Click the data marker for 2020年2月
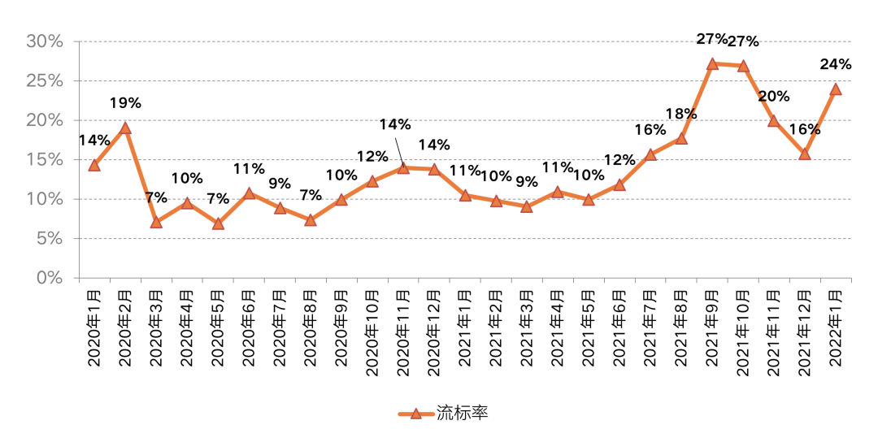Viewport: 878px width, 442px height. (125, 128)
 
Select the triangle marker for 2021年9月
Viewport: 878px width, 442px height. (712, 63)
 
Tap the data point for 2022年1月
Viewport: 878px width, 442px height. (836, 89)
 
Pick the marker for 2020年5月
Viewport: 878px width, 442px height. (218, 223)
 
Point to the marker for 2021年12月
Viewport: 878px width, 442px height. (805, 153)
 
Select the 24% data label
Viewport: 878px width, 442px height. (837, 64)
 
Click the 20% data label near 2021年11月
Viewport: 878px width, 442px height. (774, 97)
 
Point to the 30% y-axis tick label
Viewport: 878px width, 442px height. (45, 41)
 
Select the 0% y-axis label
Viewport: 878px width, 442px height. (49, 278)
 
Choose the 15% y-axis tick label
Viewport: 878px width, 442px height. (45, 159)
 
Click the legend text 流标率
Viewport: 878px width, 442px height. (462, 414)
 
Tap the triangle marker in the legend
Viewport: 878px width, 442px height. (415, 414)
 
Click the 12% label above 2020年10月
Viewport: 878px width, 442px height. (372, 156)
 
